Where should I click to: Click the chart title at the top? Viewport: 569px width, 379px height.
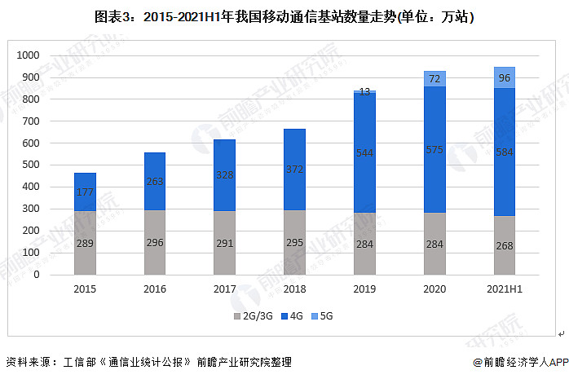pos(284,17)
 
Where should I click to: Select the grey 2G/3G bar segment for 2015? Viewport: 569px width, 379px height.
pos(85,243)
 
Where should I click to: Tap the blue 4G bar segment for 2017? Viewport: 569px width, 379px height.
pos(225,175)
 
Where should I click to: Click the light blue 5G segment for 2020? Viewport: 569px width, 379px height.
pos(434,79)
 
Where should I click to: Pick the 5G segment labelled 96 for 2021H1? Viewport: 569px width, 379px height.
pos(505,77)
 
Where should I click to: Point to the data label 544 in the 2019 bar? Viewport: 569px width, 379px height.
pos(364,153)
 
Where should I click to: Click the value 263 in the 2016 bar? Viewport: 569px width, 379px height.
pos(155,181)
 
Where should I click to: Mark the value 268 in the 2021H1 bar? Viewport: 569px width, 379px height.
pos(505,246)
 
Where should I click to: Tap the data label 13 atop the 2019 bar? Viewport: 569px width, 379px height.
pos(364,92)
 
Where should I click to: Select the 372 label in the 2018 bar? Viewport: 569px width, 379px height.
pos(294,169)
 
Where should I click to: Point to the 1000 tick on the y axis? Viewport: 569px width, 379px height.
pos(28,55)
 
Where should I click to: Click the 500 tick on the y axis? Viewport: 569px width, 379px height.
pos(31,165)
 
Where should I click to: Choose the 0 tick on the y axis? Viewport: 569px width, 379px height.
pos(37,275)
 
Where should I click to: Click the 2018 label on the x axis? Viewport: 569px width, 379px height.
pos(294,289)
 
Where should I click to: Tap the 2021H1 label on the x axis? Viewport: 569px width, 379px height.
pos(505,289)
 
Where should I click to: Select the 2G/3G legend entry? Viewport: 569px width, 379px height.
pos(254,316)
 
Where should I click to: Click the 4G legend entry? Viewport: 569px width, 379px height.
pos(292,316)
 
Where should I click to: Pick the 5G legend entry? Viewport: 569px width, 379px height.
pos(322,316)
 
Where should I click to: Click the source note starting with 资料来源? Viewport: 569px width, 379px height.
pos(149,362)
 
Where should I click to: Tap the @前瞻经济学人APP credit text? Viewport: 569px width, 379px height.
pos(521,362)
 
